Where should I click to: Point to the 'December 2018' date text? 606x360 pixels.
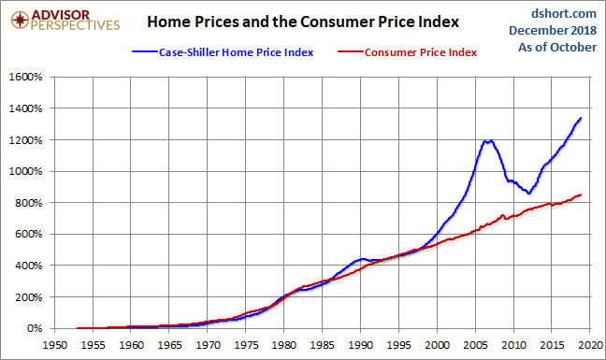pyautogui.click(x=552, y=31)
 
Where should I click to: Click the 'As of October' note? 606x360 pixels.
pyautogui.click(x=555, y=48)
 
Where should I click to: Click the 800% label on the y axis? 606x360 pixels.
pyautogui.click(x=26, y=203)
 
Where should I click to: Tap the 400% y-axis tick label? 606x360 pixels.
pyautogui.click(x=26, y=266)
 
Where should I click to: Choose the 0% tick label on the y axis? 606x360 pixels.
pyautogui.click(x=32, y=328)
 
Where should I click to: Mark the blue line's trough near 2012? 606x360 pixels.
pyautogui.click(x=528, y=194)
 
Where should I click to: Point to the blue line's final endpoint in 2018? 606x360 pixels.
pyautogui.click(x=581, y=118)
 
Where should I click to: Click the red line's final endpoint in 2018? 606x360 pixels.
pyautogui.click(x=581, y=194)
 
